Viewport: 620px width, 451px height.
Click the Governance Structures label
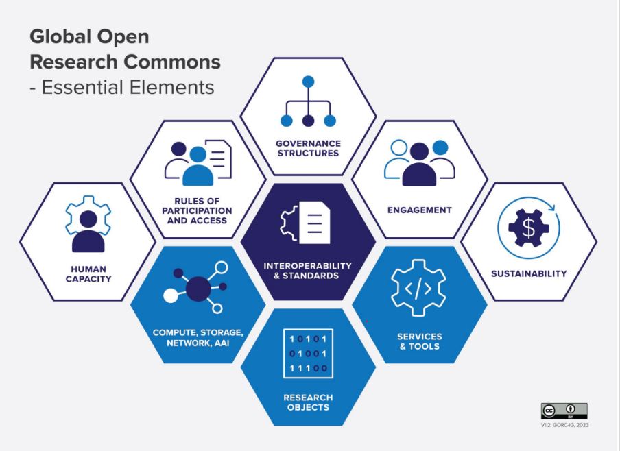point(308,148)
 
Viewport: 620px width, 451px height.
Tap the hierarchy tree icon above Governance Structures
point(308,103)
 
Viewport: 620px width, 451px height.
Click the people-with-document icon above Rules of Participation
point(198,164)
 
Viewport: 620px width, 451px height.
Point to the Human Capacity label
point(88,273)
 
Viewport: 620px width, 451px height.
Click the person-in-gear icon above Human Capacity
point(88,223)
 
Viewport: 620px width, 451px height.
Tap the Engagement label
point(419,210)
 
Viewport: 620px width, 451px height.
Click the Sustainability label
point(529,273)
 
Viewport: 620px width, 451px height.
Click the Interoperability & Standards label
point(308,270)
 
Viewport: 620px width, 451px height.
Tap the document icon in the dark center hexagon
point(308,223)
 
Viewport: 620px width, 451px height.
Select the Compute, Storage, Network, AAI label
point(198,337)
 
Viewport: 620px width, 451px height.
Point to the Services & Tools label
point(419,341)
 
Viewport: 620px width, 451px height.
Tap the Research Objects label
point(308,402)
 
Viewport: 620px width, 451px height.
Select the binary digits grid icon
point(308,353)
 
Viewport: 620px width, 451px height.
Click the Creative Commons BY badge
point(564,411)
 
